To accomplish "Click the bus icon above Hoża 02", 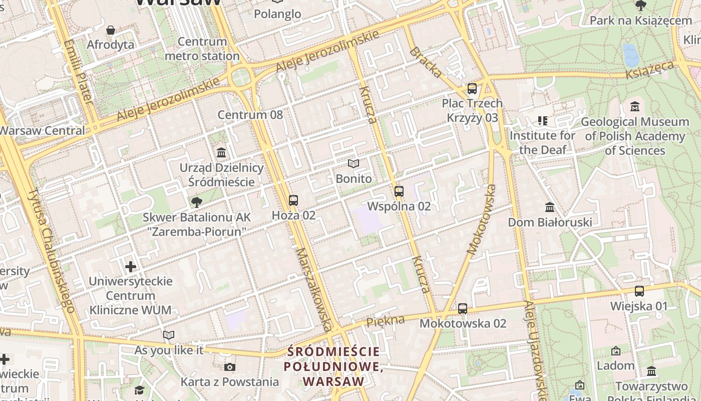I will [x=293, y=200].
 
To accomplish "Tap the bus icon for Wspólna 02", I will [x=399, y=191].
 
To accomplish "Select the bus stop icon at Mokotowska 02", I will [x=463, y=309].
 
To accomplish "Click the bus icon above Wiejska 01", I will [x=639, y=291].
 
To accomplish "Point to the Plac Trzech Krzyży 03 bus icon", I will [x=472, y=89].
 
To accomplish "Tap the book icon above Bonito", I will [x=354, y=164].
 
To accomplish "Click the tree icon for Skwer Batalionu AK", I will [x=197, y=203].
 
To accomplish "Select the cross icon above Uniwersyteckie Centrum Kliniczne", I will [x=131, y=267].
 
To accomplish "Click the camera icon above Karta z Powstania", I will [x=229, y=367].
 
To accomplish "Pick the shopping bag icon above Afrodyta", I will [x=111, y=31].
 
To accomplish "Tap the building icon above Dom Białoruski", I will [x=550, y=208].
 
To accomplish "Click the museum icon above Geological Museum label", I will [x=635, y=107].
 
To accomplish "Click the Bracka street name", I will [x=426, y=63].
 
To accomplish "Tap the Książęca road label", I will [x=650, y=71].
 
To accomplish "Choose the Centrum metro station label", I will [x=202, y=49].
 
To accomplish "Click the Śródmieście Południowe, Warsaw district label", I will [x=333, y=366].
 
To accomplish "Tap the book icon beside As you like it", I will [x=169, y=335].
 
